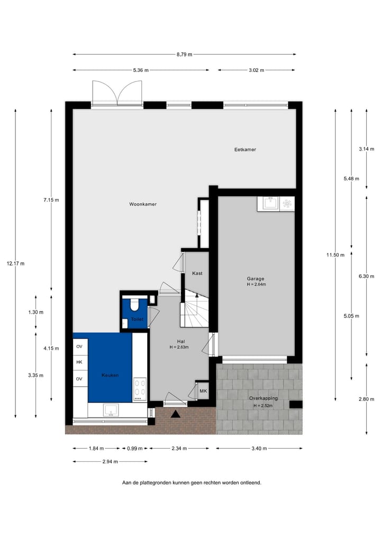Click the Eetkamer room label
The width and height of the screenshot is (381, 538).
point(245,150)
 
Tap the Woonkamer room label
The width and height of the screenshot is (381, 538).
point(143,204)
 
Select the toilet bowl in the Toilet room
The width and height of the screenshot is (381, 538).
point(134,305)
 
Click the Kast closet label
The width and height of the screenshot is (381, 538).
point(197,273)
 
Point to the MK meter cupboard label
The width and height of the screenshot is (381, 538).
point(203,391)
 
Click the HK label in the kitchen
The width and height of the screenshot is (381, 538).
point(79,362)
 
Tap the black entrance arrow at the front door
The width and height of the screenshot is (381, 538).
point(176,414)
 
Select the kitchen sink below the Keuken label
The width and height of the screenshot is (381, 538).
point(112,409)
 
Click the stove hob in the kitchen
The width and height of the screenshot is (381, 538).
point(140,388)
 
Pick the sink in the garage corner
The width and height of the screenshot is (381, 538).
point(269,204)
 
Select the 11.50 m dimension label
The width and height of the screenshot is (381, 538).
point(335,255)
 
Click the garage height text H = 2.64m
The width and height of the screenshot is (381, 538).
point(256,285)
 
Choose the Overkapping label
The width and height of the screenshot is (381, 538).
point(263,398)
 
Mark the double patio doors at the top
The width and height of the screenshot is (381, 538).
point(117,94)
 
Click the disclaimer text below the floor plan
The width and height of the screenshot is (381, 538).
point(192,482)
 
